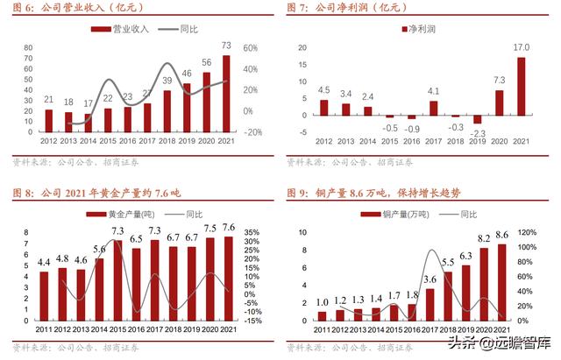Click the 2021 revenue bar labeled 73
226,94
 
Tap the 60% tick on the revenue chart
249,48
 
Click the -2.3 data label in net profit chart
478,133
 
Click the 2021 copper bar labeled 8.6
526,282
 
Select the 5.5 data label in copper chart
447,262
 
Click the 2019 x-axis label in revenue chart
187,142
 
